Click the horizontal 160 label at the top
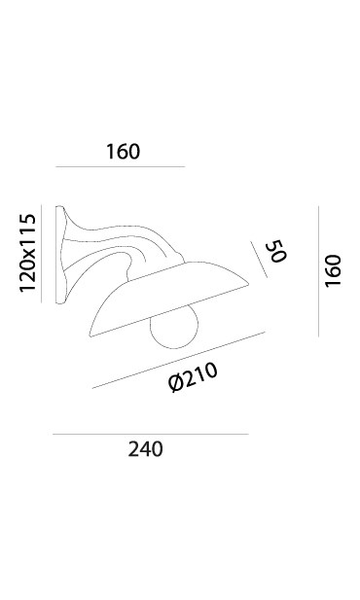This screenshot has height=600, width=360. (x=123, y=152)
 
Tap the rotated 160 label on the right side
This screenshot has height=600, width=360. (x=333, y=270)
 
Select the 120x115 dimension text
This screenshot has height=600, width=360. (x=27, y=253)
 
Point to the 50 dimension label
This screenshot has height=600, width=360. (x=276, y=251)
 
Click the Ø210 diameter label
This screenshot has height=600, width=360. (x=193, y=377)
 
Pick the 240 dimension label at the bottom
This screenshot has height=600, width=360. (x=146, y=449)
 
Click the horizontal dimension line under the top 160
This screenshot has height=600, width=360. (x=121, y=167)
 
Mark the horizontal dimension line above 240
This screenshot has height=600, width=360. (x=151, y=435)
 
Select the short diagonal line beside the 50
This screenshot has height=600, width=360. (x=259, y=260)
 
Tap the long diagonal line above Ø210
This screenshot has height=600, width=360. (x=178, y=360)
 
